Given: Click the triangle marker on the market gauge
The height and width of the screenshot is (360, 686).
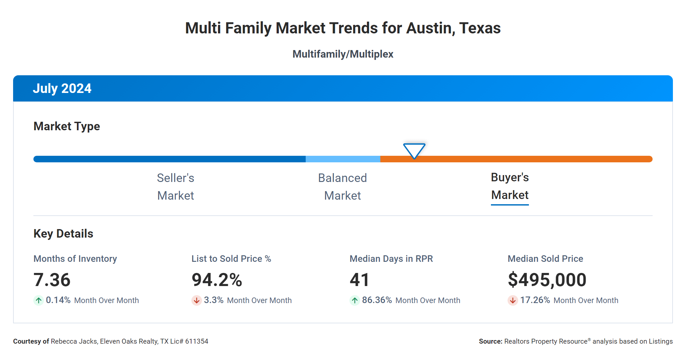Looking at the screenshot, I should tap(414, 150).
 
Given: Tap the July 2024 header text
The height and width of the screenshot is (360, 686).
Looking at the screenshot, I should tap(62, 88).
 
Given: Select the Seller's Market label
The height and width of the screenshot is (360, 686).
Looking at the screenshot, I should tap(175, 187).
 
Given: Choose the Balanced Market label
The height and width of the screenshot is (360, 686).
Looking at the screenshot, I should tap(342, 187).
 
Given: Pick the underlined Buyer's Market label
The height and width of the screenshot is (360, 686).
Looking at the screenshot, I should tap(510, 186).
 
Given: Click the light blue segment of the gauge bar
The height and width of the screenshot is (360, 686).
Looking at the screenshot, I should tap(343, 159).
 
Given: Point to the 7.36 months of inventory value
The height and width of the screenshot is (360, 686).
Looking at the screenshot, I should tap(52, 280).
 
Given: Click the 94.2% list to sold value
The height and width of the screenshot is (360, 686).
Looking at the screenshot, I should tap(217, 280).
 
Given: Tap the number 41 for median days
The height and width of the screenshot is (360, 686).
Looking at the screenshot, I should tap(359, 280).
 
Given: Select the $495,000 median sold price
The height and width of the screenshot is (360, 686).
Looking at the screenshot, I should tap(547, 280).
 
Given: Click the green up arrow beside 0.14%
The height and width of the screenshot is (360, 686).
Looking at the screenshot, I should tap(39, 300).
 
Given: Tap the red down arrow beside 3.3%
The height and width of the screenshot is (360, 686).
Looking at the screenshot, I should tap(196, 300).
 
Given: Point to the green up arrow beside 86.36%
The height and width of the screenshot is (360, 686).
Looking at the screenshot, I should tap(354, 300).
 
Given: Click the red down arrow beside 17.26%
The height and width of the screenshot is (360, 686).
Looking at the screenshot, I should tap(513, 300).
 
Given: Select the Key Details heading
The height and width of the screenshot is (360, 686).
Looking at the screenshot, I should tap(63, 234).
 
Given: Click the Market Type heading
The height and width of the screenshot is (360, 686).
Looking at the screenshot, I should tap(66, 126).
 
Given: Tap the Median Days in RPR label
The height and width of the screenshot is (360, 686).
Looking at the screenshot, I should tap(391, 259).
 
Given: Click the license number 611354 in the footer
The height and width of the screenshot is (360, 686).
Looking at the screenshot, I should tap(197, 341).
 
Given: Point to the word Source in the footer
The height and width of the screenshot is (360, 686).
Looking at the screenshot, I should tap(490, 341).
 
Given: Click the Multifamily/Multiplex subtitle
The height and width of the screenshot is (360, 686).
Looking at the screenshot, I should tap(343, 54).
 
